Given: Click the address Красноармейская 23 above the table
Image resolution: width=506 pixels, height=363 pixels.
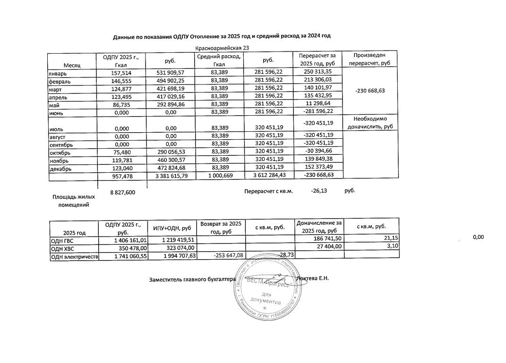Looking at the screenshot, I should [x=222, y=48].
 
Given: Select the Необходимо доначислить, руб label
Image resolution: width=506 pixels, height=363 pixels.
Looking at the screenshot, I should [x=370, y=123].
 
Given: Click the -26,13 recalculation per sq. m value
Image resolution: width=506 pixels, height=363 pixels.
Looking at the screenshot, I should [x=319, y=191].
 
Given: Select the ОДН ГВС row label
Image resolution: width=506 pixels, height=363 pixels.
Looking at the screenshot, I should [x=62, y=240].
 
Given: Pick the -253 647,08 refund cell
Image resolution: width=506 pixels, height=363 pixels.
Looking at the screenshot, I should [x=221, y=255].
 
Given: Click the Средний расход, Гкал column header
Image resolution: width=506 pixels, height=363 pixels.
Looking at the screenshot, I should [x=218, y=60].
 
